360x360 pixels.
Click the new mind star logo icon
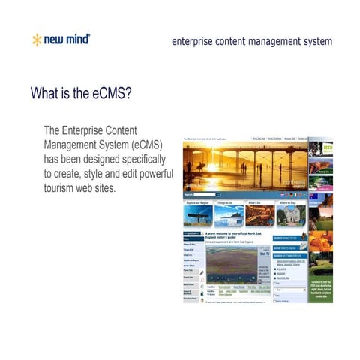click(x=36, y=40)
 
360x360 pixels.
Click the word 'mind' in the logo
click(x=76, y=40)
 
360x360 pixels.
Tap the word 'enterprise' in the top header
click(x=193, y=41)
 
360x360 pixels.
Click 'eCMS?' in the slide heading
click(x=115, y=94)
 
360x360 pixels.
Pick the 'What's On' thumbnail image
click(x=259, y=216)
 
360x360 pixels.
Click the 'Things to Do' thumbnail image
click(x=228, y=216)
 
